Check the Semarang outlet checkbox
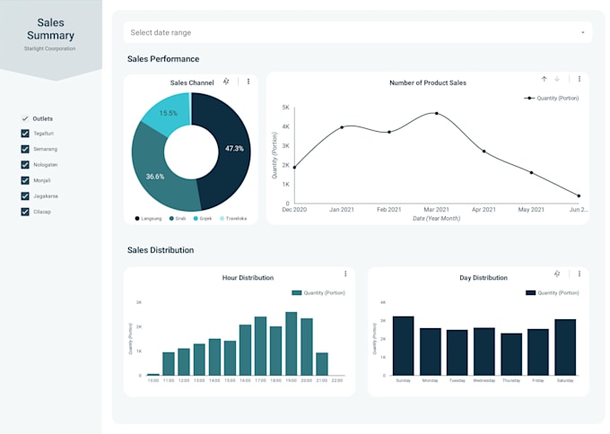point(25,149)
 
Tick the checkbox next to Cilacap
point(25,212)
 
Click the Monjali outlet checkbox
point(25,180)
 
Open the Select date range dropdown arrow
point(582,32)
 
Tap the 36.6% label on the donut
point(155,177)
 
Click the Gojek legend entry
point(202,218)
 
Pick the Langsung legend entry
point(149,218)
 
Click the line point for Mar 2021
point(437,114)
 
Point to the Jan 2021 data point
point(342,127)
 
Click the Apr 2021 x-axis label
point(484,210)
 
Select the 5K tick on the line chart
point(285,108)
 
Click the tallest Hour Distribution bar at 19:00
point(291,343)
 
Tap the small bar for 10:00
point(153,374)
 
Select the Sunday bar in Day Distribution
point(403,345)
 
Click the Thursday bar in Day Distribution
point(511,354)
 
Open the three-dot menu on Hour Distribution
point(345,273)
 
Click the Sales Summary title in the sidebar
point(50,29)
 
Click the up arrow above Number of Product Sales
point(544,79)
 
